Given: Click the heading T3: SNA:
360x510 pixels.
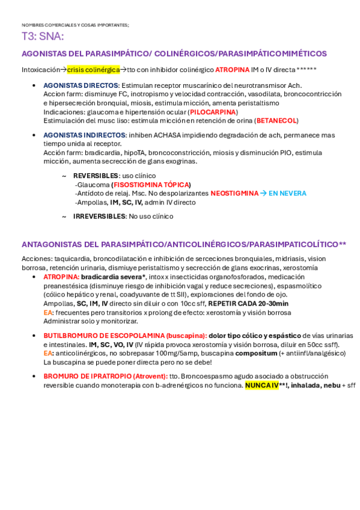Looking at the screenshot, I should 43,37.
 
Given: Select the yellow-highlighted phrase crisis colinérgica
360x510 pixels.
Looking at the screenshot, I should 93,70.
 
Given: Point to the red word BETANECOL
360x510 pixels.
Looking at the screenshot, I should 276,120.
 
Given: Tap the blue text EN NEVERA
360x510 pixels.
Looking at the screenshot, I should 287,194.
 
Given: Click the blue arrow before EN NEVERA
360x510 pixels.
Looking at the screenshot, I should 263,194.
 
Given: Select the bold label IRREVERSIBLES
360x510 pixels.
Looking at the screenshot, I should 99,216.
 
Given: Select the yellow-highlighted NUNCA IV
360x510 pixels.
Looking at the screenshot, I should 261,385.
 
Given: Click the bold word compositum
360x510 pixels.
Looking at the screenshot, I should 256,353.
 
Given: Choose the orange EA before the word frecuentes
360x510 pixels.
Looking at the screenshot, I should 47,313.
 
